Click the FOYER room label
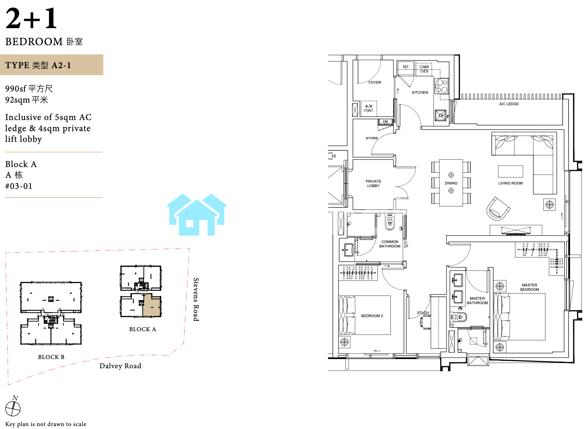(x=375, y=82)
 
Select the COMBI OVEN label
(x=424, y=69)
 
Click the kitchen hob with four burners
(x=441, y=86)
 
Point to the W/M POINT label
(x=368, y=109)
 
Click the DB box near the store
(x=385, y=122)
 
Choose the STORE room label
(x=371, y=138)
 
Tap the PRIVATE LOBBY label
(x=373, y=183)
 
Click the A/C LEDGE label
(x=509, y=104)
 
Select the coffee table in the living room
(x=510, y=171)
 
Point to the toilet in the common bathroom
(x=390, y=222)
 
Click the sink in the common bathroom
(x=349, y=250)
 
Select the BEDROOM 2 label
(x=372, y=316)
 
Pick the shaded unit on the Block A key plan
(x=152, y=305)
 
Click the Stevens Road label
(x=196, y=300)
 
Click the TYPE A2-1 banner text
(x=38, y=65)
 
